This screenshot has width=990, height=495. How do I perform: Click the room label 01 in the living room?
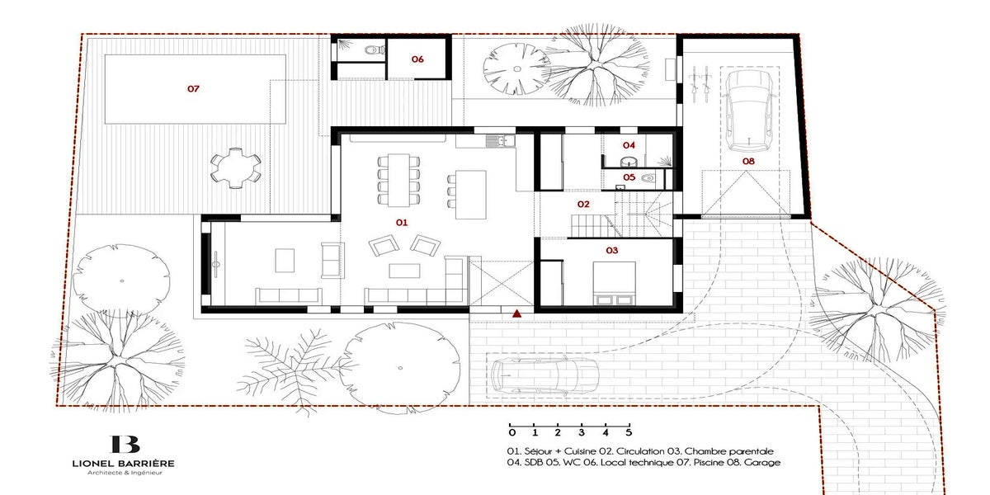click(401, 222)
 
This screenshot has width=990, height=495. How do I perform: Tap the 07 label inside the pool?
click(193, 89)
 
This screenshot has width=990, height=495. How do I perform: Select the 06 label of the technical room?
click(417, 59)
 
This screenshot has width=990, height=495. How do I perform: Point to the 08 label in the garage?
click(748, 162)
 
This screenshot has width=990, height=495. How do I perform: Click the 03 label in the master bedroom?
click(611, 251)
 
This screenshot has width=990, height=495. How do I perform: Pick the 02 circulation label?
click(583, 205)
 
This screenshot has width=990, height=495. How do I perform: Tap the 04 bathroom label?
click(629, 145)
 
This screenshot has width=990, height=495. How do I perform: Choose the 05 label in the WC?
click(629, 177)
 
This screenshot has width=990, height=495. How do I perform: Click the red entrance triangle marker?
click(516, 313)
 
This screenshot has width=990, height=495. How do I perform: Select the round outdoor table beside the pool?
click(236, 168)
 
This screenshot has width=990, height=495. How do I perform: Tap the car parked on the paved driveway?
click(545, 375)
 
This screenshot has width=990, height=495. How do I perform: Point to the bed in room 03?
click(614, 283)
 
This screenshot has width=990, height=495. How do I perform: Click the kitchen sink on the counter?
click(500, 141)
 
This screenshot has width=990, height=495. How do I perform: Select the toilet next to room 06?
click(375, 49)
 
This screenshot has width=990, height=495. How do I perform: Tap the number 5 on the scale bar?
click(629, 432)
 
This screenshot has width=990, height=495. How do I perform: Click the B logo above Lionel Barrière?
click(125, 444)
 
